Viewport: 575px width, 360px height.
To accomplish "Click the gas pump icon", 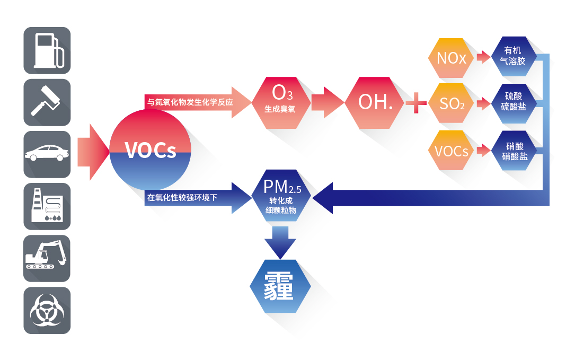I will (47, 50).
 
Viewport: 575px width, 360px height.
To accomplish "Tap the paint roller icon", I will (47, 102).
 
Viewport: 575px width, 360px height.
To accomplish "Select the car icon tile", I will (47, 154).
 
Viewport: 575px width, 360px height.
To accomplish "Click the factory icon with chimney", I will (47, 206).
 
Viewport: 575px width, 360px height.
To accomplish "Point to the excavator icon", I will (47, 258).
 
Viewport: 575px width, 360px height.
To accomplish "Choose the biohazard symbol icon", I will (47, 310).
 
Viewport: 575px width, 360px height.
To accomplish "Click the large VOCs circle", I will (149, 151).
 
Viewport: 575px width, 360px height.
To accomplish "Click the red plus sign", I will (416, 102).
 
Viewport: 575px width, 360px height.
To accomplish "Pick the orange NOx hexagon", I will (451, 58).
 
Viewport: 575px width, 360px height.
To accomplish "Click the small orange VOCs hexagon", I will (451, 151).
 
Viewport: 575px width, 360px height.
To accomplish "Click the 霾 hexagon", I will (279, 286).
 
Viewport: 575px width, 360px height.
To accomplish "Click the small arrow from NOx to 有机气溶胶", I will (483, 57).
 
